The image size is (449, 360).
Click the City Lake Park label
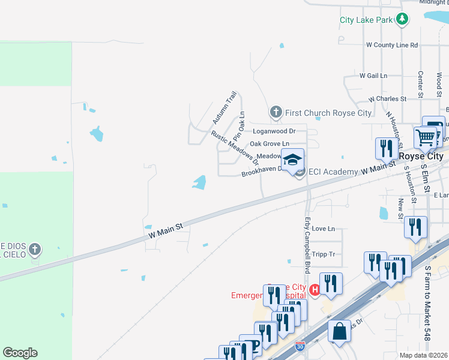(366, 20)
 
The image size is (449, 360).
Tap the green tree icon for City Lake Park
(402, 20)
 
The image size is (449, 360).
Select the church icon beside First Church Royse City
(276, 112)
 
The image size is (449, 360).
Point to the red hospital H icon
(314, 289)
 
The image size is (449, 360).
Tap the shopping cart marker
(425, 137)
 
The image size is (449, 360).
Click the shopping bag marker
(339, 331)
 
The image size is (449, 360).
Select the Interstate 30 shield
(301, 346)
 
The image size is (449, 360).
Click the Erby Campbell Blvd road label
(307, 238)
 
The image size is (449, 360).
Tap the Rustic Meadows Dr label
(235, 148)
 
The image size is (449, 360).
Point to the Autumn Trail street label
(224, 108)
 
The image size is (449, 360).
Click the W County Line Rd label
(391, 45)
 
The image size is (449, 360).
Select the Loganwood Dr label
(274, 130)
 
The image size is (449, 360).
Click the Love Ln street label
(323, 229)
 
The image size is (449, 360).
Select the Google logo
(20, 353)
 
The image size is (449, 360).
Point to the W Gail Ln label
(373, 76)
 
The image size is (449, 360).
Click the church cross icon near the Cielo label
(35, 249)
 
